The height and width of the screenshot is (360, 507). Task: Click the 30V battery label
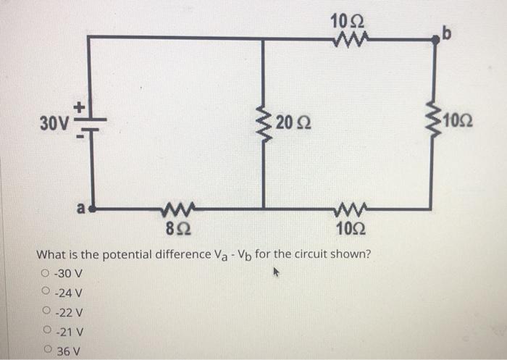[x=55, y=121]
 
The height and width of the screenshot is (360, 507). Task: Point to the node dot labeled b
[x=435, y=41]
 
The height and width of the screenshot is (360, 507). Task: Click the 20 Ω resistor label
[x=293, y=124]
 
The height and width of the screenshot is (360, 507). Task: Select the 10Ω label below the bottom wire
[x=351, y=232]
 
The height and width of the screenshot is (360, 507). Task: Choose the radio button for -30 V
[x=46, y=274]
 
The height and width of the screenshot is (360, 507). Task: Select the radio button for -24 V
[x=46, y=293]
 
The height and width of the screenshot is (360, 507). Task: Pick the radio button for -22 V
[x=46, y=313]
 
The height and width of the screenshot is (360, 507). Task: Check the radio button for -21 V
[x=46, y=332]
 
